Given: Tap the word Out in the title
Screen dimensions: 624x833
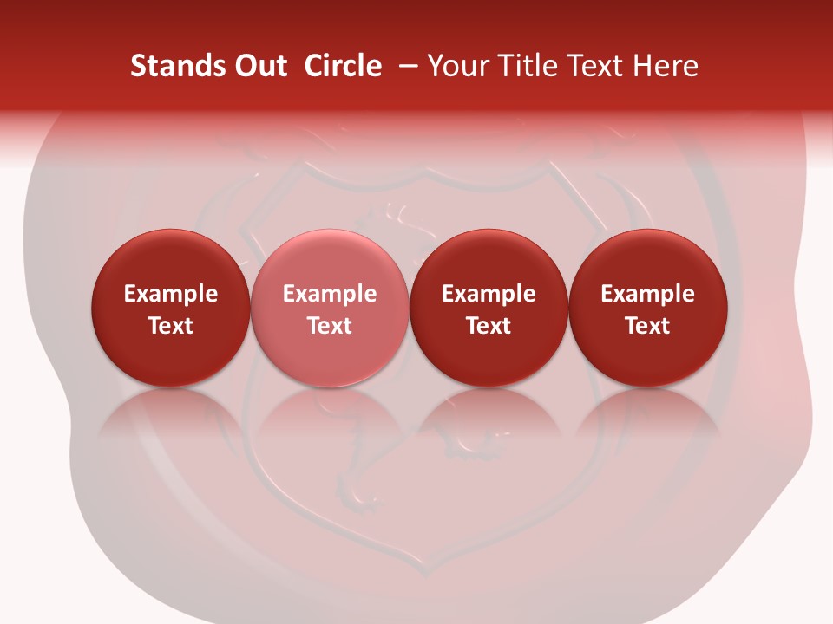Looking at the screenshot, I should point(259,66).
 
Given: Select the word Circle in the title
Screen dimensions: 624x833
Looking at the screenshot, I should point(343,66).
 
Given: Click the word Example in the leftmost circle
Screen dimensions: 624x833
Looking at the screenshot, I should point(171,295).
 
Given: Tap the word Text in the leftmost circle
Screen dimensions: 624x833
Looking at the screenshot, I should point(171,326).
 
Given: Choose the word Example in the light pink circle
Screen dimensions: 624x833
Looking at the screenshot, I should point(330,295).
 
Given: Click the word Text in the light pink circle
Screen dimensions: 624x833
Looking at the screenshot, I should point(330,326).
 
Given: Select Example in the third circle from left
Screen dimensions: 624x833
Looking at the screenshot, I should point(489,295).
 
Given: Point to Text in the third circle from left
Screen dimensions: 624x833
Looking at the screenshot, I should point(489,326).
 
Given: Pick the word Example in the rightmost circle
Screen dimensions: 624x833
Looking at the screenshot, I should point(648,295).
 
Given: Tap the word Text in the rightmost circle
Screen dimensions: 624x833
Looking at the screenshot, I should point(648,326).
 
